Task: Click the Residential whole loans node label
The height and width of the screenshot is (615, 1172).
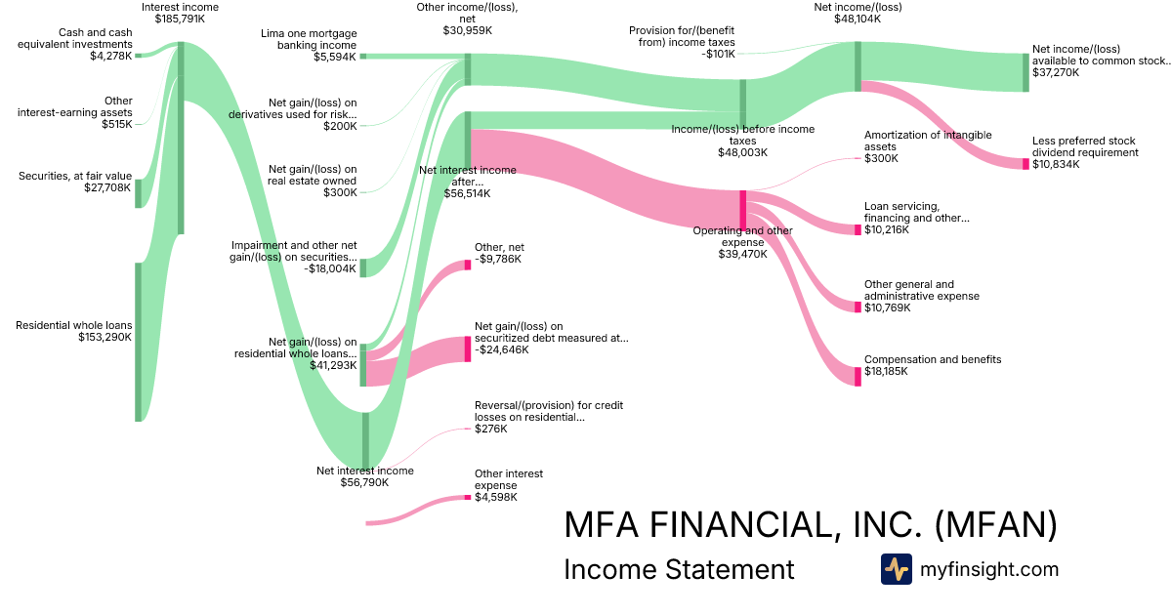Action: [x=73, y=325]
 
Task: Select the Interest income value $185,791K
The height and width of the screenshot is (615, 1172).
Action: [x=180, y=19]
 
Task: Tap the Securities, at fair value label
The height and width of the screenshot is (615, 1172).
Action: [x=74, y=176]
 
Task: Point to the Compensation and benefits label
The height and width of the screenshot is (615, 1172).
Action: [x=932, y=360]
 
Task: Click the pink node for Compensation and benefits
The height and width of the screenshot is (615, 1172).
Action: [x=858, y=376]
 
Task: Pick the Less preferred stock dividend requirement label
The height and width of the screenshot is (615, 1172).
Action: [x=1085, y=146]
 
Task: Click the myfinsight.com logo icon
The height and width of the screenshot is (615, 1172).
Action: [x=896, y=569]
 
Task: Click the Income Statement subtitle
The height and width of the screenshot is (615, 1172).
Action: [x=679, y=569]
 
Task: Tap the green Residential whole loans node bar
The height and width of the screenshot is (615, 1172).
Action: [x=139, y=342]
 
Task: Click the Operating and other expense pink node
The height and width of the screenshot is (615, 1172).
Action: [x=742, y=210]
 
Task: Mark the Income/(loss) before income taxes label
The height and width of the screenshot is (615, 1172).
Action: [x=742, y=135]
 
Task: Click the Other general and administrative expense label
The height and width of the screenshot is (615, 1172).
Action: [x=921, y=290]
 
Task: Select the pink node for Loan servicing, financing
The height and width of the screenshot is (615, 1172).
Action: [x=858, y=229]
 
